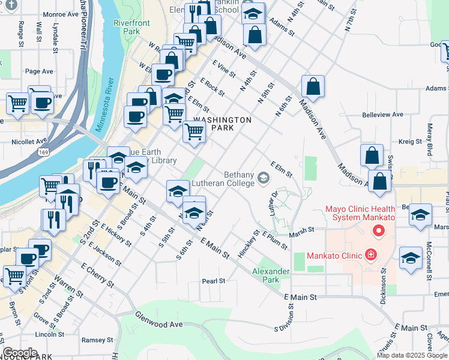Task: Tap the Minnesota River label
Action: (104, 105)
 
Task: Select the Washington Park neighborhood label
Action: (223, 124)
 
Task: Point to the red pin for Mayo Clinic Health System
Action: (378, 230)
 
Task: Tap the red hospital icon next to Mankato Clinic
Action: (370, 256)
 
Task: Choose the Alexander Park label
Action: (271, 275)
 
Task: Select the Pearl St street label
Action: (213, 281)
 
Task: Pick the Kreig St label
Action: (411, 142)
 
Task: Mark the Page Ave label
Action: (39, 71)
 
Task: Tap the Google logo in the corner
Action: (20, 353)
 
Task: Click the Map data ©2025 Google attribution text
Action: (411, 355)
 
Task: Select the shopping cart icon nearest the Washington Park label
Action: (194, 131)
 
